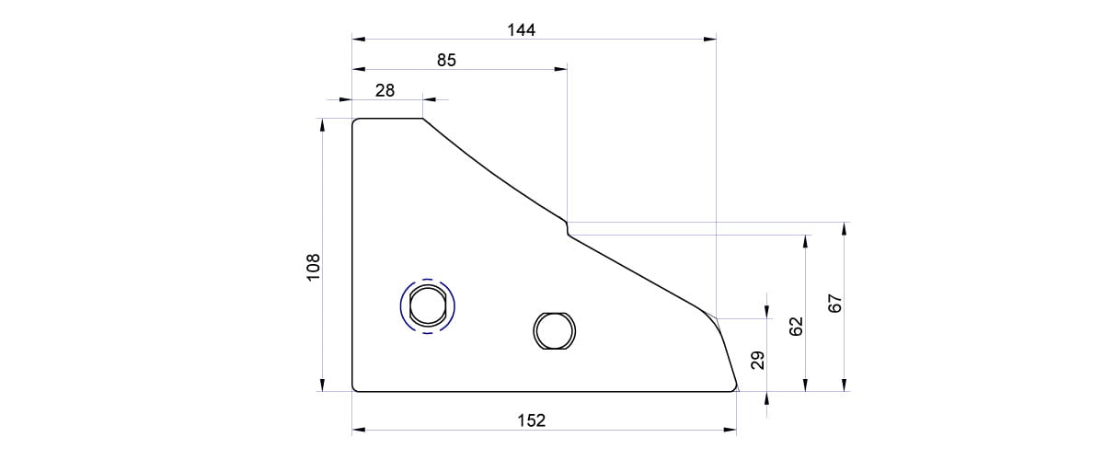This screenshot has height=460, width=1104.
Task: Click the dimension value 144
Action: tap(521, 30)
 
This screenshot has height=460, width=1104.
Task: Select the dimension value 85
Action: tap(446, 60)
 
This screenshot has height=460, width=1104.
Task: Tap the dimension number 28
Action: tap(385, 90)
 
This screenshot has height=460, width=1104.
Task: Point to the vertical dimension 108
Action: tap(314, 267)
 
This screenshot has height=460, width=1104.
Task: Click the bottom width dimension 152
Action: tap(532, 420)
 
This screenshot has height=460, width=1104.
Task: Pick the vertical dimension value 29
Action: tap(757, 360)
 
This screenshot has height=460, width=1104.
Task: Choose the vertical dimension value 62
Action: tap(796, 327)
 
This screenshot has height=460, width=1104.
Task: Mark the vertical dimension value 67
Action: tap(835, 304)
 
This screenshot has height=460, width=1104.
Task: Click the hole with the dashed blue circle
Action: tap(427, 306)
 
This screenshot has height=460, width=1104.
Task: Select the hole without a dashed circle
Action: tap(555, 331)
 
